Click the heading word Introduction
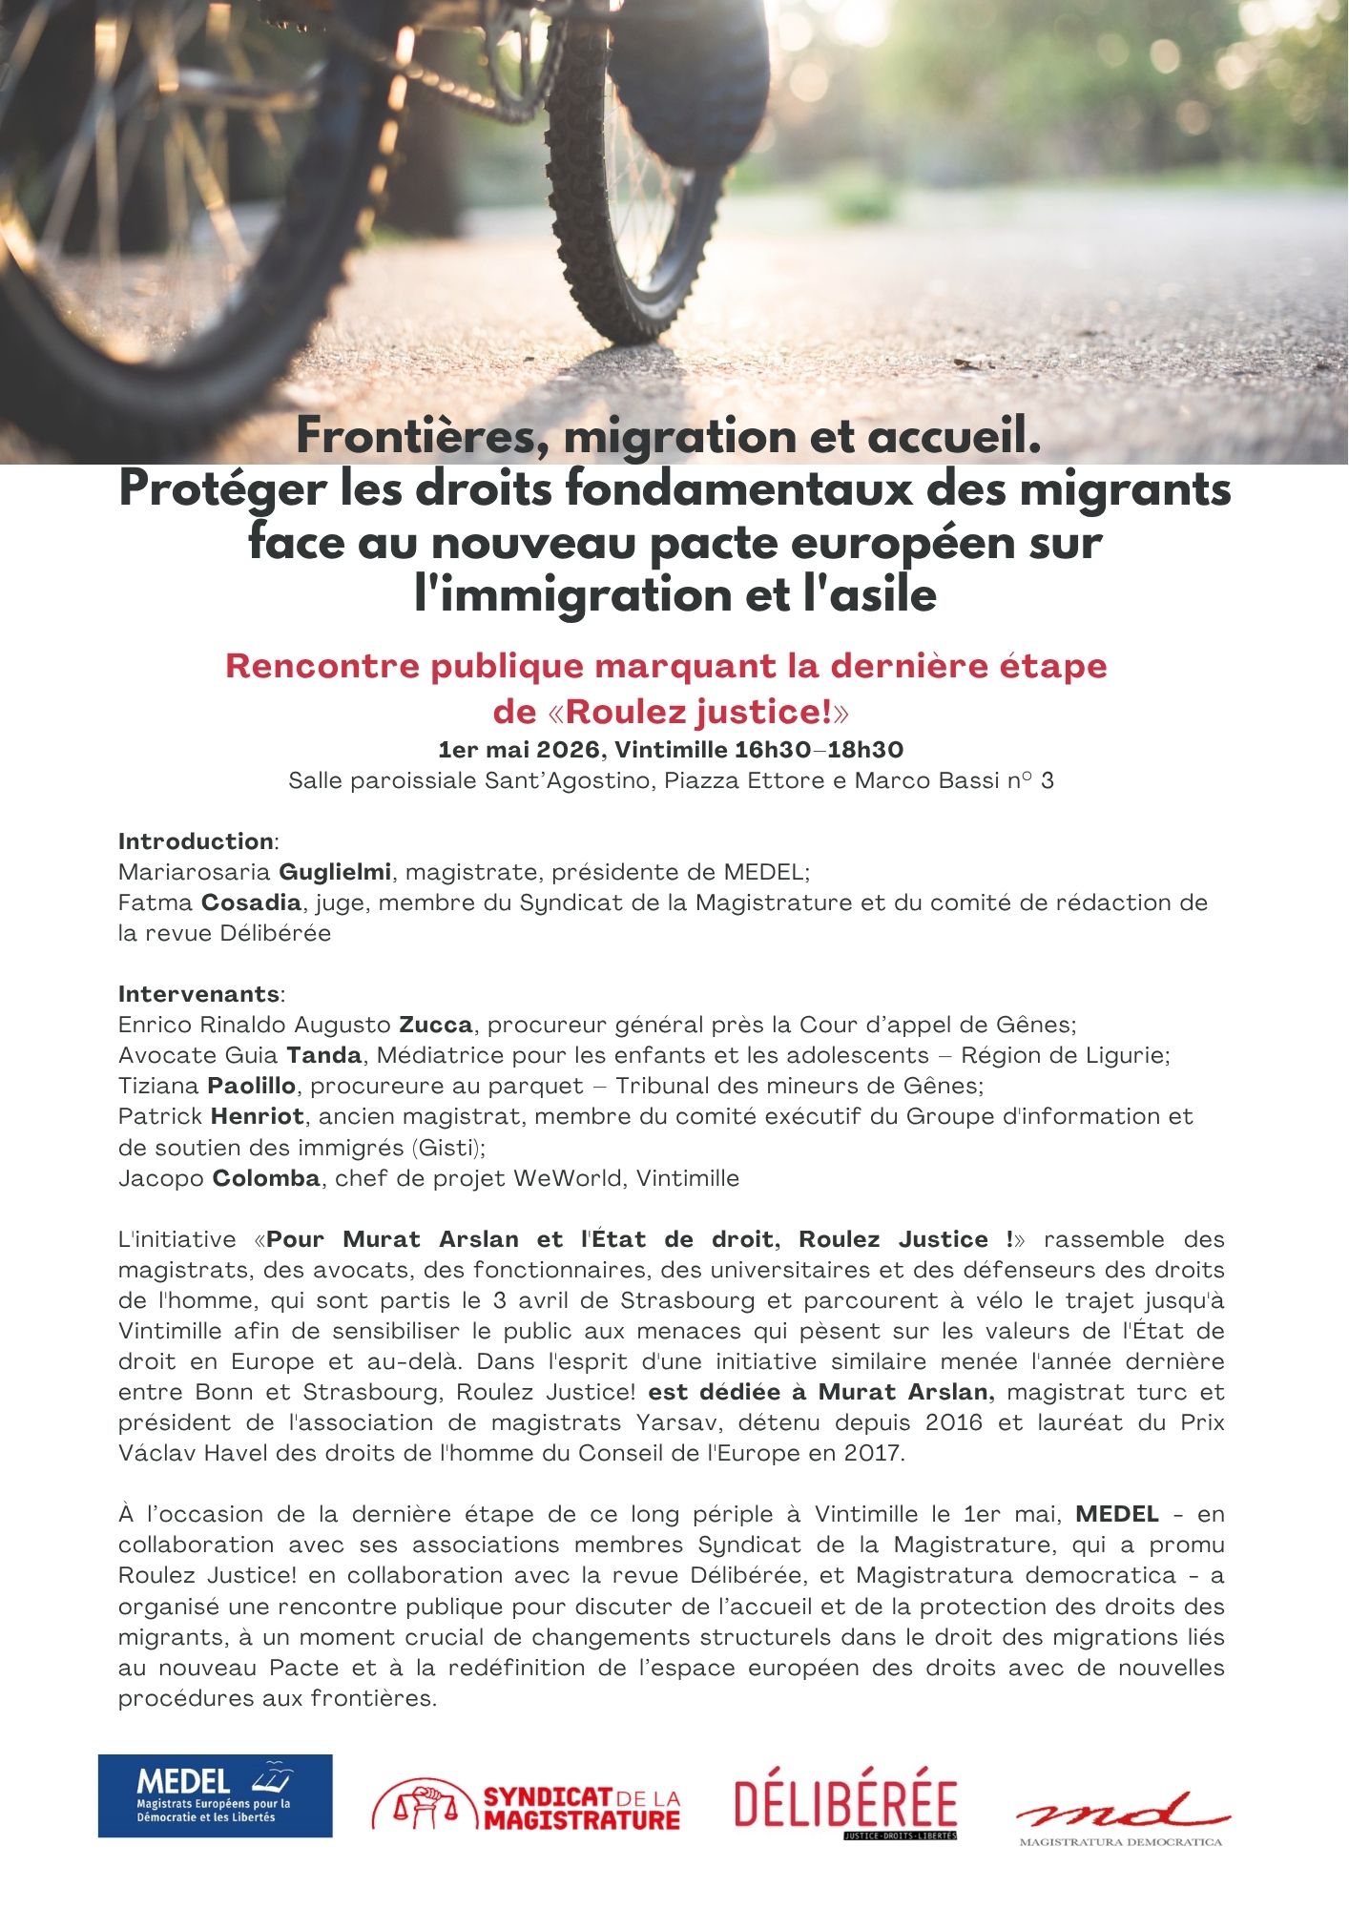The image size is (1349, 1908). pos(196,841)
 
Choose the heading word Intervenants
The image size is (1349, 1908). pos(198,994)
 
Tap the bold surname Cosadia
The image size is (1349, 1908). pos(252,902)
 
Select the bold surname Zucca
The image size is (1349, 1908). pos(435,1025)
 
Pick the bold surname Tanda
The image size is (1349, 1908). pos(324,1055)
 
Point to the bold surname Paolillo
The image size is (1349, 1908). pos(252,1086)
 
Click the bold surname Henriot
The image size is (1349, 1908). pos(258,1116)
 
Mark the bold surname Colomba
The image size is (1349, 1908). pos(266,1178)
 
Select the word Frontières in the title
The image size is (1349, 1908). pos(413,437)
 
